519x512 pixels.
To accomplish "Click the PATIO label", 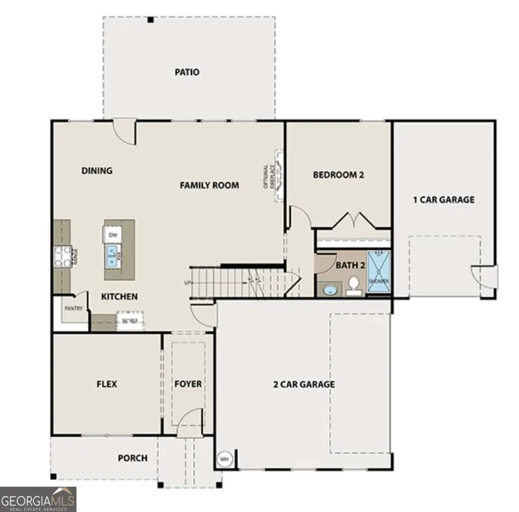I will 187,73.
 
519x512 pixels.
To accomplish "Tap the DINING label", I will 97,170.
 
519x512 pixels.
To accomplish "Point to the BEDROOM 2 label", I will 339,175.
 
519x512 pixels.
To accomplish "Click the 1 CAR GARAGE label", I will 443,200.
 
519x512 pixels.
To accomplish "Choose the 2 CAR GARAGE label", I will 304,384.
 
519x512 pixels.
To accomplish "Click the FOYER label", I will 188,384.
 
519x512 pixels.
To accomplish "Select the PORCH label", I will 133,458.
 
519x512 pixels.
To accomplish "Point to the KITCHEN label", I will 119,297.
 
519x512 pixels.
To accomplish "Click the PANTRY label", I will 74,309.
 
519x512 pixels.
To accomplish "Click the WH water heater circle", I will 224,459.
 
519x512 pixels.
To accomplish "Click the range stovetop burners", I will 63,256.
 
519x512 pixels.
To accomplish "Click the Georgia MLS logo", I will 38,499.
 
